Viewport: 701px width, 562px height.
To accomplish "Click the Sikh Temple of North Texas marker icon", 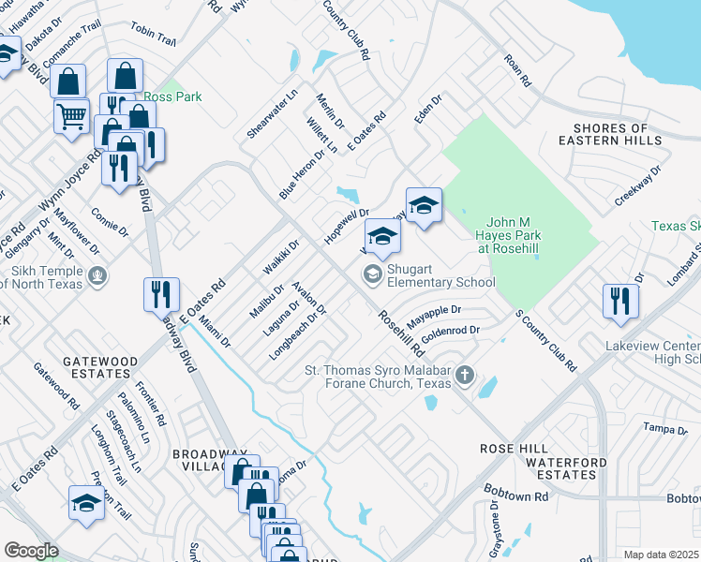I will (x=100, y=276).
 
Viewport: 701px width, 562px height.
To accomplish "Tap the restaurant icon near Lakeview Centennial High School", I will (x=621, y=301).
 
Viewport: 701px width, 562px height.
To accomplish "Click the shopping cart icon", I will (x=71, y=117).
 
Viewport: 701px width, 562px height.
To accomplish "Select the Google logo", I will (x=31, y=551).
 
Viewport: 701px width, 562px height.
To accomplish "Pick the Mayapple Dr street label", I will (x=434, y=310).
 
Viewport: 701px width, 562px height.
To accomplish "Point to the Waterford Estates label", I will (x=560, y=468).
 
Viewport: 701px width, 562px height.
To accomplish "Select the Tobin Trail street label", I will (x=154, y=39).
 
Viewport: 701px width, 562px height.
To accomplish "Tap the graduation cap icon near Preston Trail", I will (x=86, y=501).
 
